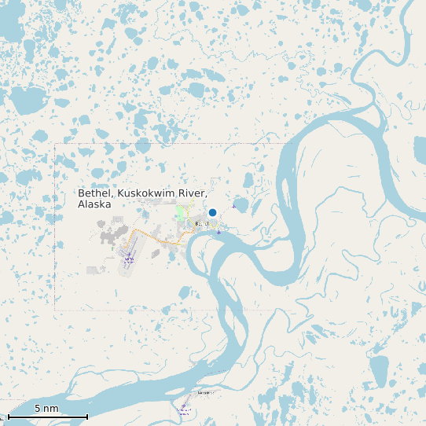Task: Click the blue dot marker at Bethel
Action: pos(212,213)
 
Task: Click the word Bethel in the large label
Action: pos(94,193)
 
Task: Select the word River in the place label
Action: pos(194,193)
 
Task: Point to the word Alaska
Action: pos(94,204)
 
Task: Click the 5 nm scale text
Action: pos(46,409)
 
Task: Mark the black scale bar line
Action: pos(47,417)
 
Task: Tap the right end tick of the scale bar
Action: pos(86,416)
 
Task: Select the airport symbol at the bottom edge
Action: pos(184,408)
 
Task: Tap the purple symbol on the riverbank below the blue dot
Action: pos(219,232)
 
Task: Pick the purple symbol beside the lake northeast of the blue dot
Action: pos(233,207)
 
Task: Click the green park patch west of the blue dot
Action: pos(180,212)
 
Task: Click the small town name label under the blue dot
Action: pos(201,224)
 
